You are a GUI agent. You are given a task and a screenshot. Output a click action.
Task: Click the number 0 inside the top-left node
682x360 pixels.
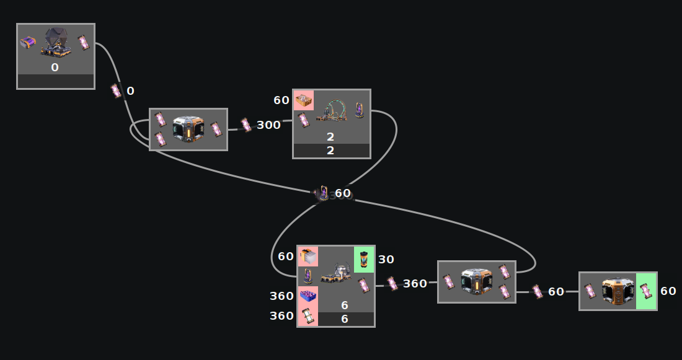coord(55,68)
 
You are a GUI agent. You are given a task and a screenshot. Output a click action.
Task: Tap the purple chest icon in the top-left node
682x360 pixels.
coord(28,43)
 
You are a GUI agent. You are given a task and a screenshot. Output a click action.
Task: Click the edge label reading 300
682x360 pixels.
coord(268,125)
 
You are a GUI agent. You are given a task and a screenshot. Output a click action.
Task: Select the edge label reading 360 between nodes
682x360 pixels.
coord(415,284)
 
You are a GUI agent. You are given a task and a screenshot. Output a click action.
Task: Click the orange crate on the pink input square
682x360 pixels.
coord(303,100)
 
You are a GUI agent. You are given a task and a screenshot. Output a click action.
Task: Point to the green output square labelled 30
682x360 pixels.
coord(364,259)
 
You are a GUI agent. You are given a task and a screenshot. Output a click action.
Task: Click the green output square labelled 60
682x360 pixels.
coord(646,291)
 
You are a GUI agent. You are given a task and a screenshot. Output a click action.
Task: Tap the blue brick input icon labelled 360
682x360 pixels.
coord(308,296)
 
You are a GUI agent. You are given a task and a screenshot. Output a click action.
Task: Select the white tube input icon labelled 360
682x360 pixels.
coord(308,316)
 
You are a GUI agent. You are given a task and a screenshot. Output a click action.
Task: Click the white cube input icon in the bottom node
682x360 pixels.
coord(308,256)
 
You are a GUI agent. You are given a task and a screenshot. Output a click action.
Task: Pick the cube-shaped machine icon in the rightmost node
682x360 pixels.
coord(618,291)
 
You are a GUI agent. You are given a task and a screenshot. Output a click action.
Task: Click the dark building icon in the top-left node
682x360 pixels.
coord(56,42)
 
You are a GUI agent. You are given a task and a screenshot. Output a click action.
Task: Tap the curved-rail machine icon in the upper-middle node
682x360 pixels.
coord(331,110)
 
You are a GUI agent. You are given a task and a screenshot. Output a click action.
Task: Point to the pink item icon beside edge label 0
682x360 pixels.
coord(116,91)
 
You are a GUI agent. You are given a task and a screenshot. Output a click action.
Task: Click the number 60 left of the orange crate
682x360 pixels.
coord(281,100)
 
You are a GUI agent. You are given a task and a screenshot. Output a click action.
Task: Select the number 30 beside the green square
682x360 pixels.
coord(386,260)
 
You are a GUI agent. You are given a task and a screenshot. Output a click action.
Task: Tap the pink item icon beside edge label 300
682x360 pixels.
coord(246,125)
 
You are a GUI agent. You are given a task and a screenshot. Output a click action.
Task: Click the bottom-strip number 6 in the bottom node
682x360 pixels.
coord(345,318)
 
